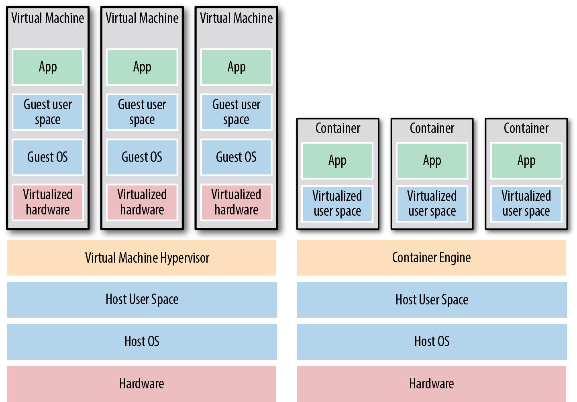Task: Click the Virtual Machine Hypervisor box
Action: (x=141, y=258)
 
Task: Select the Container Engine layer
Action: (x=431, y=258)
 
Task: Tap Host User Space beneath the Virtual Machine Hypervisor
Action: (x=142, y=300)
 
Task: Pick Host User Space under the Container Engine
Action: (x=432, y=300)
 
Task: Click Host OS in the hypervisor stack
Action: (x=142, y=342)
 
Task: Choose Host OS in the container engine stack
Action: (x=432, y=342)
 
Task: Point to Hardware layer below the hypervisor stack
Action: (x=141, y=384)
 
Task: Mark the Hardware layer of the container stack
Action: (x=431, y=384)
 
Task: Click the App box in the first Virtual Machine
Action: (x=48, y=67)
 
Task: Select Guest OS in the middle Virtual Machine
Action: (x=142, y=157)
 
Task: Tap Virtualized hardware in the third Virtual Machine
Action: (x=236, y=202)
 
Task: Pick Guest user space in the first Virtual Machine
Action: (x=48, y=112)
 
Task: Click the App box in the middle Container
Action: (x=432, y=161)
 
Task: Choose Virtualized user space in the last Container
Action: (x=526, y=204)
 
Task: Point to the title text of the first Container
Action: (x=338, y=129)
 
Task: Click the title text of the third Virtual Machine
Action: (x=236, y=18)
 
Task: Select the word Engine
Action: (x=455, y=258)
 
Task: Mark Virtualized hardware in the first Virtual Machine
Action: (x=48, y=202)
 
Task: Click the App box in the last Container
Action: (x=526, y=161)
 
